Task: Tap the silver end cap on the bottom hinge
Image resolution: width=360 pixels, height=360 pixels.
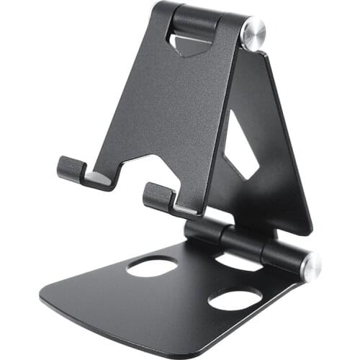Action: point(311,266)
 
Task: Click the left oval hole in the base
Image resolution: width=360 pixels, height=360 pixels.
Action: point(152,266)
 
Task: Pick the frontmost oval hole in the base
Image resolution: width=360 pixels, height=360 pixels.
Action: point(235,298)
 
